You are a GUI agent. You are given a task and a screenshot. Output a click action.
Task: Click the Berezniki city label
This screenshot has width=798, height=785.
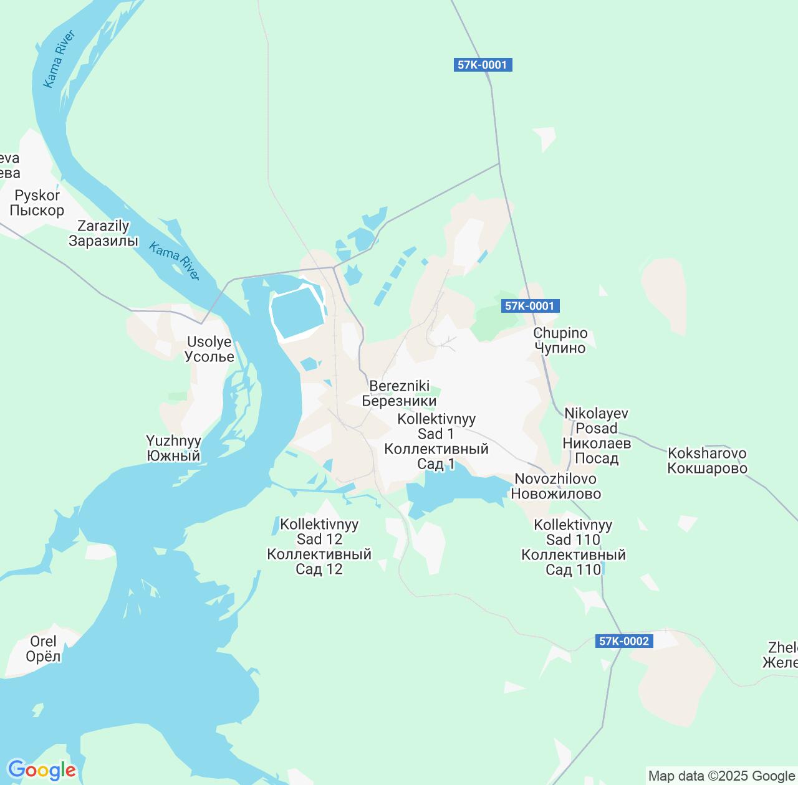click(399, 393)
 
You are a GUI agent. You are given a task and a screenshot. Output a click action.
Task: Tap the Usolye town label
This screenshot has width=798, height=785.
click(209, 350)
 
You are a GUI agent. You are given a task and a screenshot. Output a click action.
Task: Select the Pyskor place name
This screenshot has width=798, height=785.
click(37, 203)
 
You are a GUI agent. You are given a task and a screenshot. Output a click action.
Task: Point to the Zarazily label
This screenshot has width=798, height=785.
click(103, 234)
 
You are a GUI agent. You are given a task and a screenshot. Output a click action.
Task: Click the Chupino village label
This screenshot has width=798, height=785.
click(560, 340)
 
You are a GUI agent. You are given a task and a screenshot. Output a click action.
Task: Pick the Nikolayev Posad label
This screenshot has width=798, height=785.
click(596, 435)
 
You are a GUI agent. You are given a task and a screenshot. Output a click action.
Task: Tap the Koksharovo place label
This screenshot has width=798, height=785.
click(707, 460)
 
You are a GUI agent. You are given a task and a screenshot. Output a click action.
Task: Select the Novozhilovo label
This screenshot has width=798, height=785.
click(555, 486)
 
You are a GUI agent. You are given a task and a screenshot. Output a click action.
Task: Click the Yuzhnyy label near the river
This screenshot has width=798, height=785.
click(173, 448)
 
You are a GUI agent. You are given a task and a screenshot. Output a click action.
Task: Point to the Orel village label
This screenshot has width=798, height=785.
click(43, 649)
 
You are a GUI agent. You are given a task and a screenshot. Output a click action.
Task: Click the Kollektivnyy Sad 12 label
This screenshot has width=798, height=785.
click(319, 546)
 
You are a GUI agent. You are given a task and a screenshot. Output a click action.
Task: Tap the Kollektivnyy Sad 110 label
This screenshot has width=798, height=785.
click(573, 547)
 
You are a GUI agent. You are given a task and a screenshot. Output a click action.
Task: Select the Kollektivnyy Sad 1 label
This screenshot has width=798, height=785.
click(436, 441)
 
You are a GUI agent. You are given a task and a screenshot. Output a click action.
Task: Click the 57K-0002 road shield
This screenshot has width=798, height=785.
click(624, 641)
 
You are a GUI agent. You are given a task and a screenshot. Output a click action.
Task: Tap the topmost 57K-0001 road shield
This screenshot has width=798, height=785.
click(483, 65)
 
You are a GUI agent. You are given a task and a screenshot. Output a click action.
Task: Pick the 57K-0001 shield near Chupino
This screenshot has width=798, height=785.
click(530, 306)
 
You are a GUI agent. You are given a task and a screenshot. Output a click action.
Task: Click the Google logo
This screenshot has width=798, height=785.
click(42, 770)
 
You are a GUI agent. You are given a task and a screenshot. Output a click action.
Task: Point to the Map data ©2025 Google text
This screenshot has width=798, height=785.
click(721, 776)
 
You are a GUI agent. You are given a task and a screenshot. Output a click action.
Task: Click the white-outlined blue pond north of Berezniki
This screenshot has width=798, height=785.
click(297, 310)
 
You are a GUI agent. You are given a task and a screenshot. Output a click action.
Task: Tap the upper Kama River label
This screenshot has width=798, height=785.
click(59, 59)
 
